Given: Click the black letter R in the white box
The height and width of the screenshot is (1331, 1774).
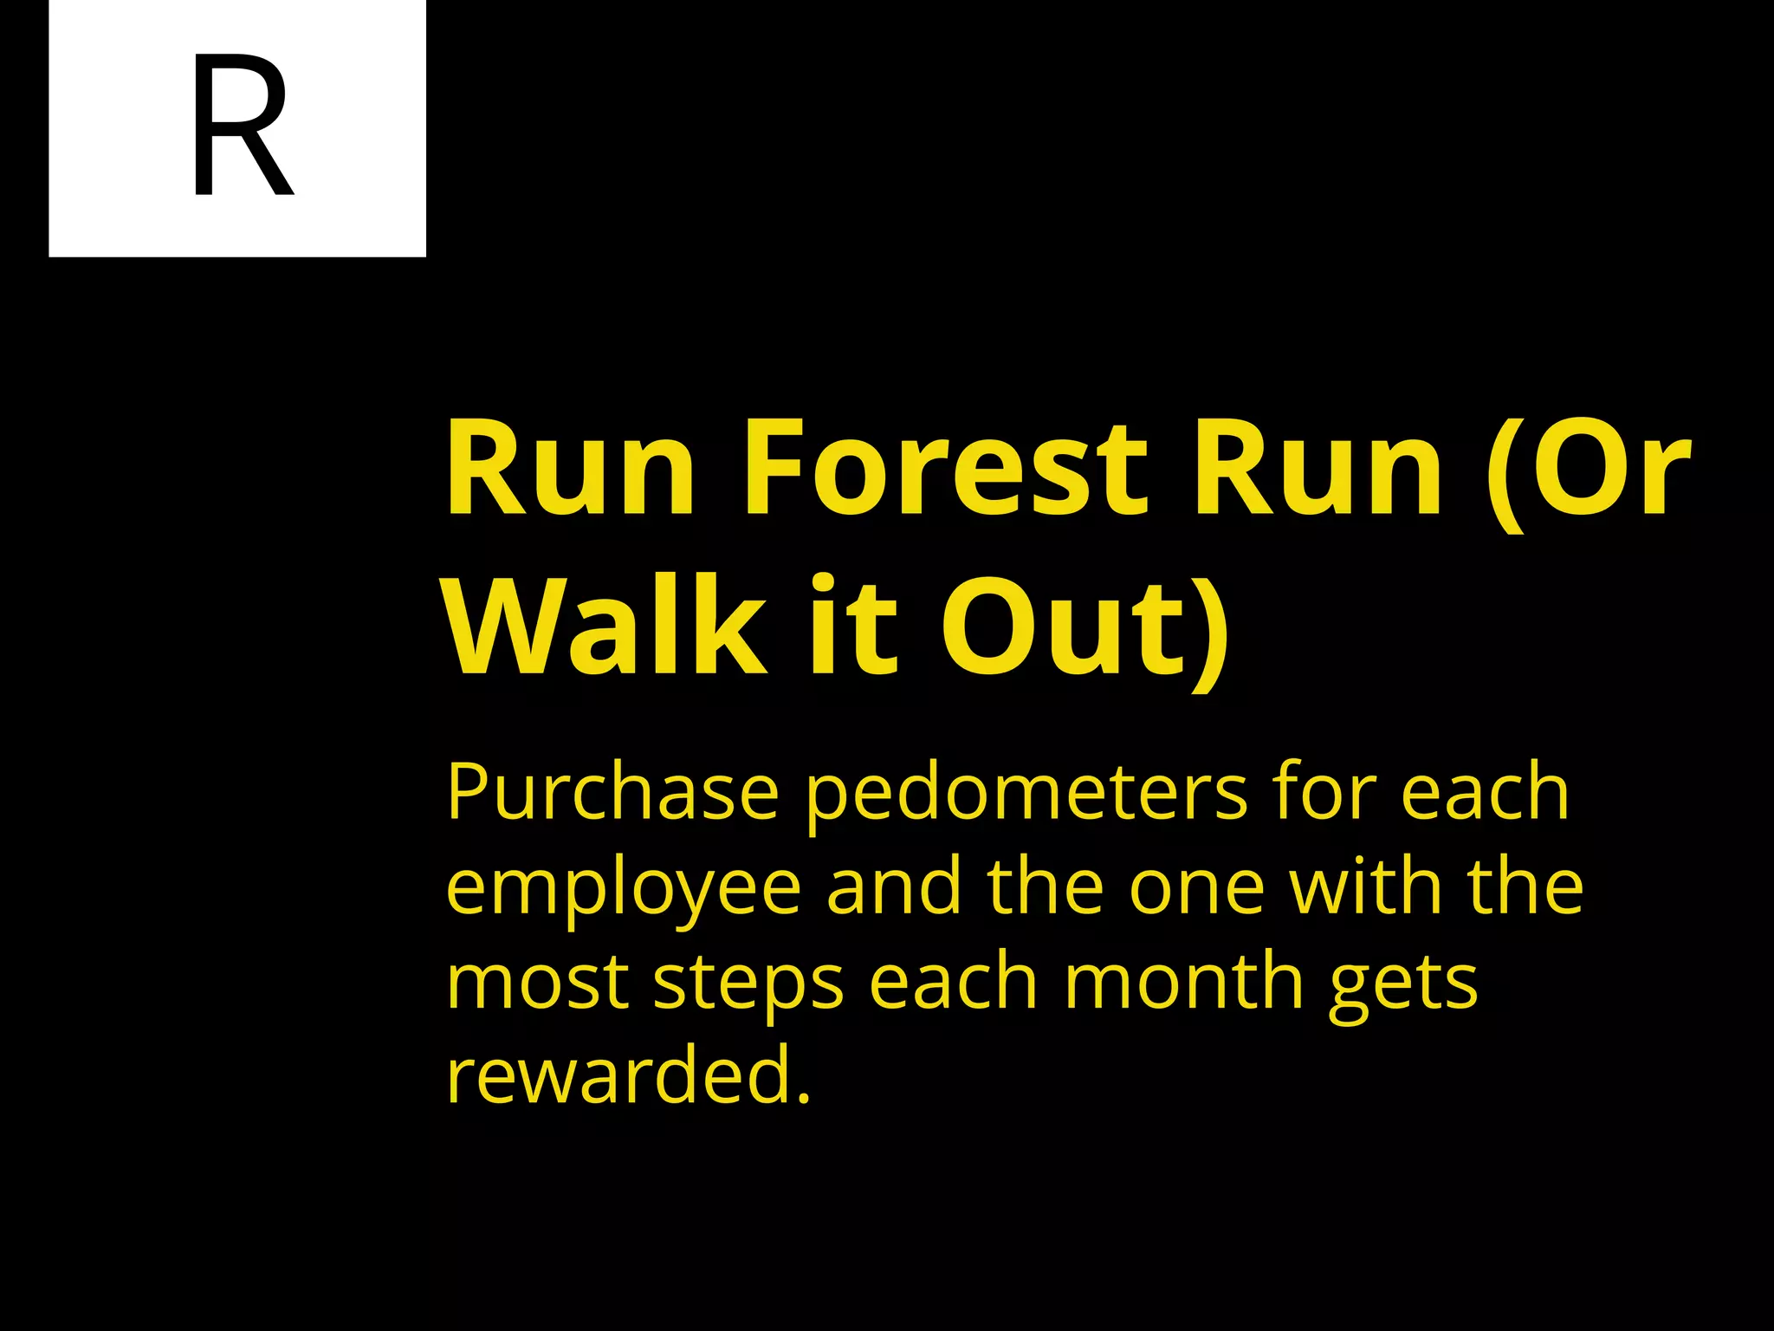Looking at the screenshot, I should click(x=241, y=127).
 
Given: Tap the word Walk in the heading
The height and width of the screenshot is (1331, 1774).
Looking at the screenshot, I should click(x=606, y=626).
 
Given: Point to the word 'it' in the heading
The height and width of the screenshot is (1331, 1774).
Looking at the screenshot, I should click(x=853, y=626).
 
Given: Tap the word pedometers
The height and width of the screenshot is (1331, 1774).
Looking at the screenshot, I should click(x=1027, y=792).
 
